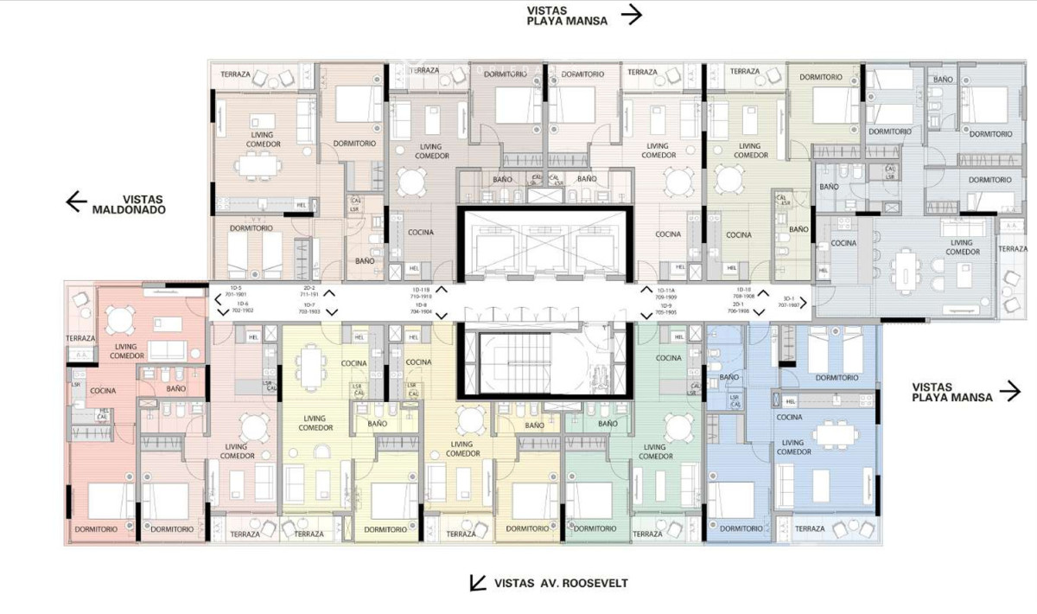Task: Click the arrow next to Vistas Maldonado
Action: [77, 201]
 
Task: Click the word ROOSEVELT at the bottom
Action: [595, 584]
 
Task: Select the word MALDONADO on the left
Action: [128, 209]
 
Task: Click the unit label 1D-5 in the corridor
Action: [235, 287]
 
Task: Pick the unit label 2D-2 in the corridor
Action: [309, 287]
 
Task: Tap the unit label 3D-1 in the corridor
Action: [787, 298]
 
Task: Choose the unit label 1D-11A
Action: [665, 290]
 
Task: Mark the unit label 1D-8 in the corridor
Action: [421, 305]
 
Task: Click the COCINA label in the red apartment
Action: [103, 391]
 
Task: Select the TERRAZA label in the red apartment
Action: [80, 338]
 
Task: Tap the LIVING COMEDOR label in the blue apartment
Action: [794, 446]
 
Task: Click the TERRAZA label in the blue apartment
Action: [809, 528]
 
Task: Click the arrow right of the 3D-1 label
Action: [804, 303]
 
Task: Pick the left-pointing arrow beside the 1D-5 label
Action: [218, 300]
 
